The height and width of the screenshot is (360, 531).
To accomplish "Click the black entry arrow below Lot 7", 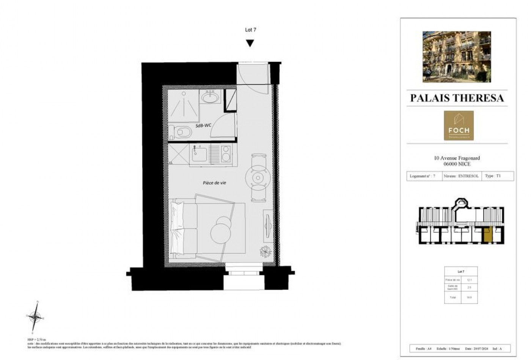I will (x=250, y=43).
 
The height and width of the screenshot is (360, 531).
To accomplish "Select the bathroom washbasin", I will (x=210, y=98).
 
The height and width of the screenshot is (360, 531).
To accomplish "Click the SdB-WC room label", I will (x=203, y=125).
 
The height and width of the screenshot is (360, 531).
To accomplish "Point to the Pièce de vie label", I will (x=214, y=183).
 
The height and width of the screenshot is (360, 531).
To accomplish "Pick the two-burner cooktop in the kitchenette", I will (x=226, y=154).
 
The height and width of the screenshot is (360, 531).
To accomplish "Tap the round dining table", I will (x=258, y=178).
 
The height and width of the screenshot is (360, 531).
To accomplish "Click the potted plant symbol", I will (x=265, y=251).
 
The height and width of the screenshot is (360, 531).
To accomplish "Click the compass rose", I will (x=35, y=316).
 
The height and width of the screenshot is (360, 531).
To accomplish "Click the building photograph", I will (x=457, y=57).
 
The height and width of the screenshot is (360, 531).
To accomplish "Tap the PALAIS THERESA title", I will (x=457, y=98).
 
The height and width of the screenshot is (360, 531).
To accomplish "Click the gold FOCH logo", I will (x=459, y=125).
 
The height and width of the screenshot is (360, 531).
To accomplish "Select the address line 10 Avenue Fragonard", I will (x=457, y=158).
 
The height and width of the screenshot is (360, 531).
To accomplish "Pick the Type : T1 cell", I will (x=493, y=176).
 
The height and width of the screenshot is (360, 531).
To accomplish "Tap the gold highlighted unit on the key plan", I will (x=488, y=234).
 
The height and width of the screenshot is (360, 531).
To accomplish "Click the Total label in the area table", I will (x=452, y=297).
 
